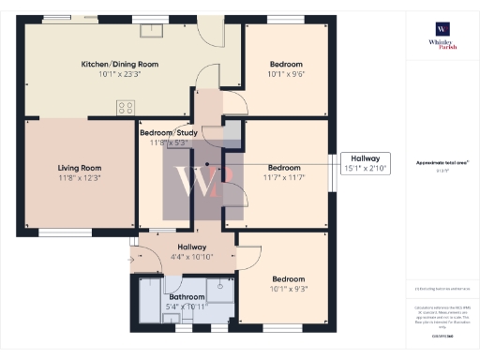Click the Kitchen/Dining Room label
pos(118,64)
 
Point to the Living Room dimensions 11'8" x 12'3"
pos(79,176)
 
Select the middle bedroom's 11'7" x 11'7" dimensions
pos(285,176)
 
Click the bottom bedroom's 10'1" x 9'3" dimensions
pos(288,290)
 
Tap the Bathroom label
pos(186,295)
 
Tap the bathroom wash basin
pos(172,318)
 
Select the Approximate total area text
pos(437,163)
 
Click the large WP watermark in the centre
pos(204,182)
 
